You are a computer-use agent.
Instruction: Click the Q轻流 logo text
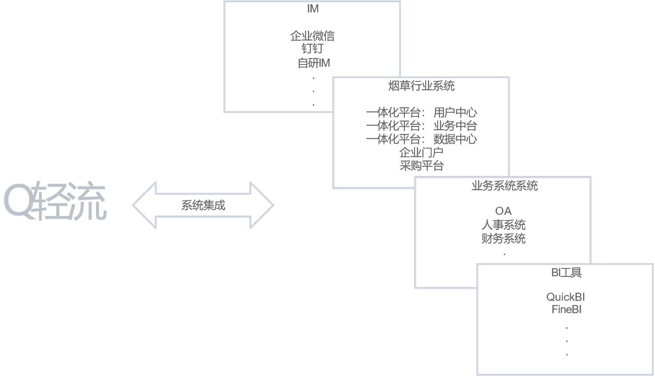point(56,201)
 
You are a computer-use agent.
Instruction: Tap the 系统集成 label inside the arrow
point(203,205)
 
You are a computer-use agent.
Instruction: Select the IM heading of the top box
point(313,8)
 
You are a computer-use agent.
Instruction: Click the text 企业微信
point(312,36)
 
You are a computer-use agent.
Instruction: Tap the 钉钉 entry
point(312,48)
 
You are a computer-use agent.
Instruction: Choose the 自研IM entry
point(314,63)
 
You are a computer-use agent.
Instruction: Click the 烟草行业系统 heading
point(421,86)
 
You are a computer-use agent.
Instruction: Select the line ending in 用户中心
point(421,112)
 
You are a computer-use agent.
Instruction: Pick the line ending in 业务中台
point(421,126)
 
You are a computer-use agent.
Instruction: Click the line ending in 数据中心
point(421,139)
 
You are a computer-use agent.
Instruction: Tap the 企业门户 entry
point(421,152)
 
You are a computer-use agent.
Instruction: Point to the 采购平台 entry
point(421,166)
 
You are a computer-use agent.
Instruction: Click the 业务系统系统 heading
point(504,186)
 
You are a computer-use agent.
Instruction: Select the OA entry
point(503,211)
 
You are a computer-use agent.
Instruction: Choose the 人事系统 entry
point(503,225)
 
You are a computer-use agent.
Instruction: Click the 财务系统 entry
point(503,239)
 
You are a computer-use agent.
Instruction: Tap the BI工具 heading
point(566,272)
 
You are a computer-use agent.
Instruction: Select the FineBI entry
point(567,310)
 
